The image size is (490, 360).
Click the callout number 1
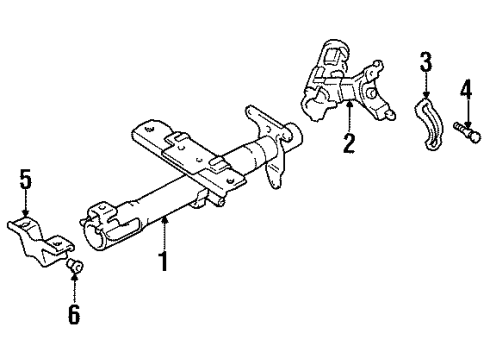163,262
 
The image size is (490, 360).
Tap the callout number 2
349,143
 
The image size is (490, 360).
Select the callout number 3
426,61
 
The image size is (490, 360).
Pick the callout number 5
25,179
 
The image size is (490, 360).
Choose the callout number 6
74,314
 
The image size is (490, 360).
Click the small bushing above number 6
75,266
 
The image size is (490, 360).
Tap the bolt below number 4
467,132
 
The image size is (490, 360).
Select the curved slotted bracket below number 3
431,124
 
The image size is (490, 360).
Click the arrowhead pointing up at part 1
164,219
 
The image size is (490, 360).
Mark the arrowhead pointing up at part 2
349,105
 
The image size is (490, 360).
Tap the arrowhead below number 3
426,95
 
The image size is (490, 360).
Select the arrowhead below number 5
25,213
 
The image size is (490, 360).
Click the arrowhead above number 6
74,276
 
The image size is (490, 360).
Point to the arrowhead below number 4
468,125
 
